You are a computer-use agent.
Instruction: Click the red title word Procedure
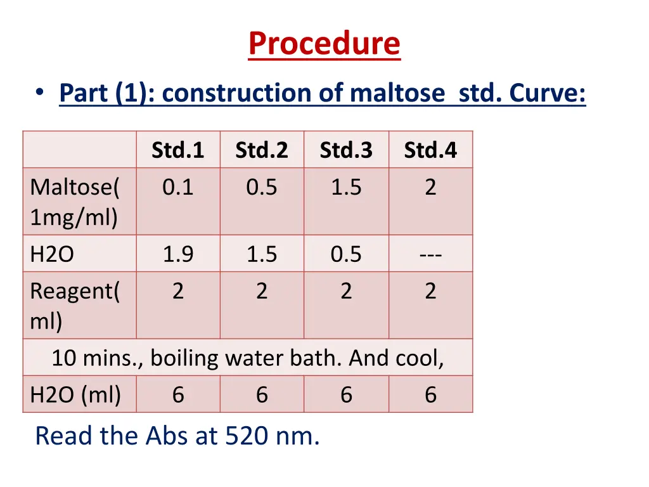click(324, 44)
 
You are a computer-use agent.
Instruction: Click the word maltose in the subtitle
click(397, 94)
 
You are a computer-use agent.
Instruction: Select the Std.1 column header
click(178, 150)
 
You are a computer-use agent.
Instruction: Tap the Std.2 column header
click(262, 150)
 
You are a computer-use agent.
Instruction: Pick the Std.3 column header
click(346, 150)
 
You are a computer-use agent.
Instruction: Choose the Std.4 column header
click(430, 150)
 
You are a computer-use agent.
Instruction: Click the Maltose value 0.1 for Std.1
click(178, 188)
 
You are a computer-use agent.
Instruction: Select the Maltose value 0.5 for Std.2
click(262, 188)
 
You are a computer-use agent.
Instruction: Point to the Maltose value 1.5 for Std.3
click(346, 188)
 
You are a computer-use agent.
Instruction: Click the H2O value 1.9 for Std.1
click(178, 254)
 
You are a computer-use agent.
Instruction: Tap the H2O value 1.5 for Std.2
click(262, 254)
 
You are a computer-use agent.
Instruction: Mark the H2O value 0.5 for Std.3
click(346, 254)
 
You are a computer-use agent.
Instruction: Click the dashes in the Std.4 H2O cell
click(430, 255)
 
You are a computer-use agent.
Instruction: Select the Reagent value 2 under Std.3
click(346, 292)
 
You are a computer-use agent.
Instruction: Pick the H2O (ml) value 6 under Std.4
click(430, 395)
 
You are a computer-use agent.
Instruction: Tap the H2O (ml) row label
click(75, 395)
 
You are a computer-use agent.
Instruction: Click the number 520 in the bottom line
click(240, 436)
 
